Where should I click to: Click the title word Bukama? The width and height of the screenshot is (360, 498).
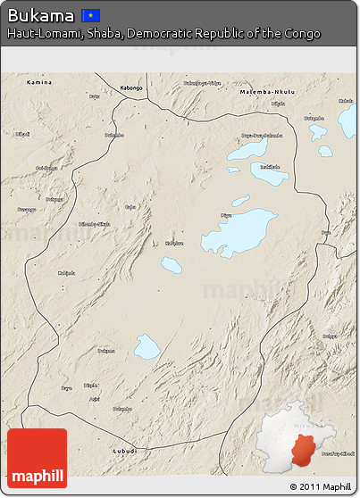click(40, 14)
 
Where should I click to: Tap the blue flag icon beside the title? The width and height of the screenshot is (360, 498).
click(91, 15)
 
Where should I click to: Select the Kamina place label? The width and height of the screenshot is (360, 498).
click(39, 82)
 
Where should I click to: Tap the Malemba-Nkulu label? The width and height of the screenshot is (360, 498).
click(267, 92)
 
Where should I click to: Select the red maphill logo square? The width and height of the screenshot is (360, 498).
click(37, 458)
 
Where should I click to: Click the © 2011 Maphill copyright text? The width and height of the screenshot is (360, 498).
click(319, 487)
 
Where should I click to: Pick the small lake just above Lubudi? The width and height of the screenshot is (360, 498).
click(147, 346)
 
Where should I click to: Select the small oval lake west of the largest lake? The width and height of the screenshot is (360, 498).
click(171, 265)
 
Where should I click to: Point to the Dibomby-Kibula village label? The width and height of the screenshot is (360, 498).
click(95, 224)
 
